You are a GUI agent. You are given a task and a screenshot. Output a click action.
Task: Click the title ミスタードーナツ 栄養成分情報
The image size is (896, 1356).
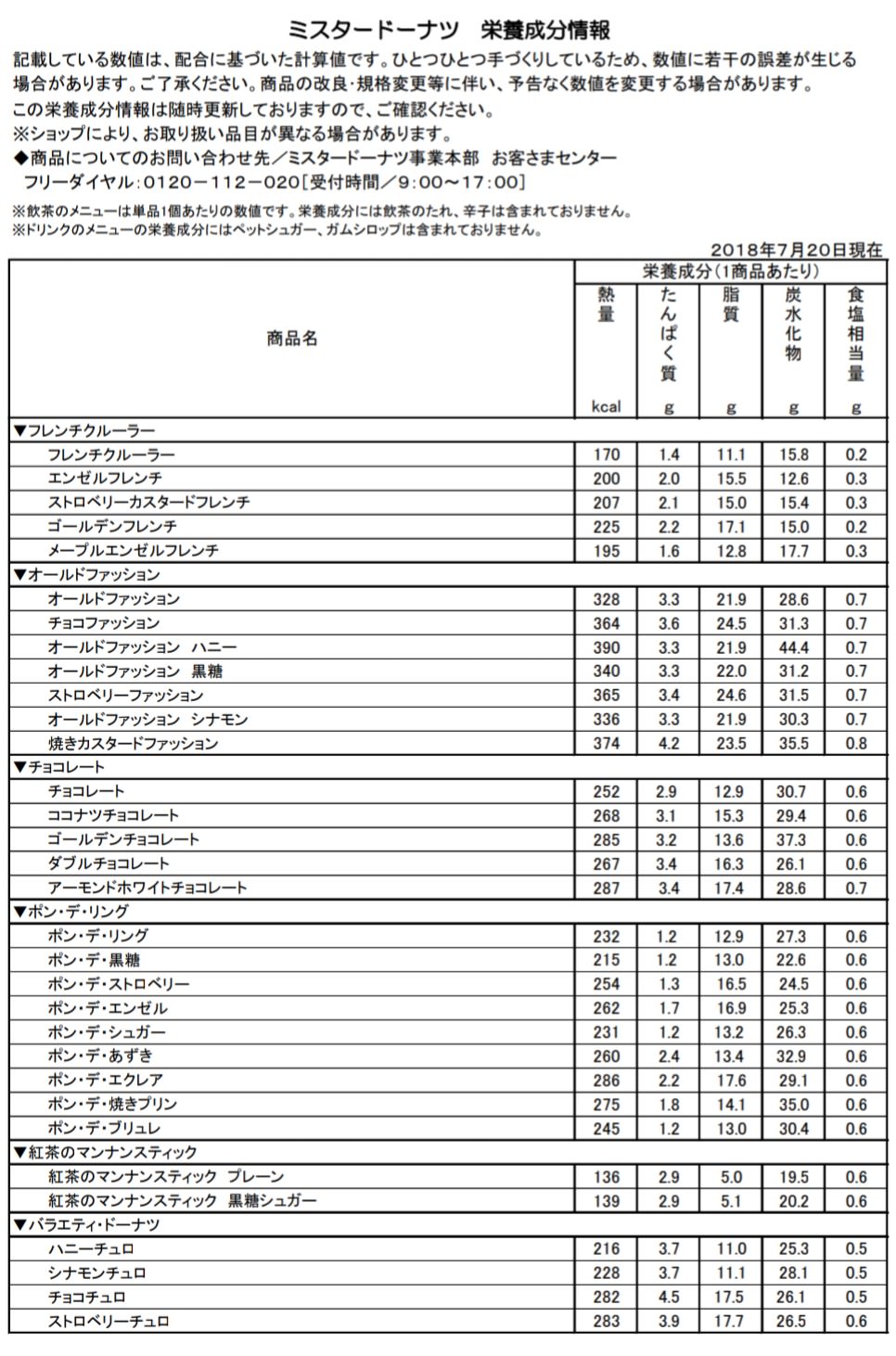[449, 30]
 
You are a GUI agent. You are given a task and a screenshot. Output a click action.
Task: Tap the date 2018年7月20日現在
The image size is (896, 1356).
[796, 250]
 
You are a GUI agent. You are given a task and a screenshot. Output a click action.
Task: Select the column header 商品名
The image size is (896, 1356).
[292, 339]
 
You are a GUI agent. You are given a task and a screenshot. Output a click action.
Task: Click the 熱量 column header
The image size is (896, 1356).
[606, 305]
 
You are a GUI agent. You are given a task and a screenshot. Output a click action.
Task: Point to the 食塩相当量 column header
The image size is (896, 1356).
[855, 334]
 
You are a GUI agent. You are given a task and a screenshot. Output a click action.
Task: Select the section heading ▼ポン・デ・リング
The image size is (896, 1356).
[71, 912]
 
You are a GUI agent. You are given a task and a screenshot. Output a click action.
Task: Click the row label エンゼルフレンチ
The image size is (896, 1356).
[105, 479]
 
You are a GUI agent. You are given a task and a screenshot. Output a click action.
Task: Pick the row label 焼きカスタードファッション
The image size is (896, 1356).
[133, 744]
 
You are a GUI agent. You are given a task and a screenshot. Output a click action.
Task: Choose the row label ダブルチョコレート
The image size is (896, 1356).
[109, 863]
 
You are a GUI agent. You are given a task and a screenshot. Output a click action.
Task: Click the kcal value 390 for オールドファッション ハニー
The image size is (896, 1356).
[606, 647]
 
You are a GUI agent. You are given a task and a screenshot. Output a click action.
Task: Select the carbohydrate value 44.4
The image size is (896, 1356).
[793, 647]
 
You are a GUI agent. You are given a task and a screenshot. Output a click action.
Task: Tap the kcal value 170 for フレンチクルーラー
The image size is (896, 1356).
[606, 454]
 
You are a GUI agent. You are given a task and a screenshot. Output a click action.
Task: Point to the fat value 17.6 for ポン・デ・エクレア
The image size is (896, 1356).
[731, 1081]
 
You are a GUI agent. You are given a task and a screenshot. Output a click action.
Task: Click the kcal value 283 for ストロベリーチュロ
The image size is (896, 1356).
[606, 1322]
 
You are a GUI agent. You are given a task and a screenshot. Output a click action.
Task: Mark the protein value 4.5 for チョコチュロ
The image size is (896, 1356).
[668, 1298]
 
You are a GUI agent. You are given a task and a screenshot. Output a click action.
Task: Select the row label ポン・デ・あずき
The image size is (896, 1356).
[100, 1056]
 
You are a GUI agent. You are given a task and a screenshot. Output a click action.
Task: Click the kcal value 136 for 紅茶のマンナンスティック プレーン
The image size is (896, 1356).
[606, 1177]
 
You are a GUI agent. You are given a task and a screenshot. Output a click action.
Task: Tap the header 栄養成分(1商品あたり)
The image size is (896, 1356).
[731, 271]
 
